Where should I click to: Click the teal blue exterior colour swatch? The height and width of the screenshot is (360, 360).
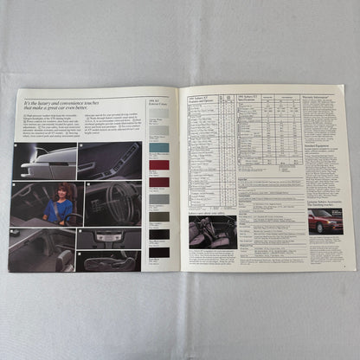tap(159, 148)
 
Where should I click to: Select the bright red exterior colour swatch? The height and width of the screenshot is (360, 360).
tap(159, 164)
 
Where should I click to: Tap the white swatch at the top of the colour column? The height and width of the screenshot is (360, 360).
tap(159, 112)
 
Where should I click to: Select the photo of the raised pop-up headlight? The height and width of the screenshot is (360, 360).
tap(42, 161)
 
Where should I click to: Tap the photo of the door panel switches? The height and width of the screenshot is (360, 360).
tap(108, 161)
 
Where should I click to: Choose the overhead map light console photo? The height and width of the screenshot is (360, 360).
tap(108, 238)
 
